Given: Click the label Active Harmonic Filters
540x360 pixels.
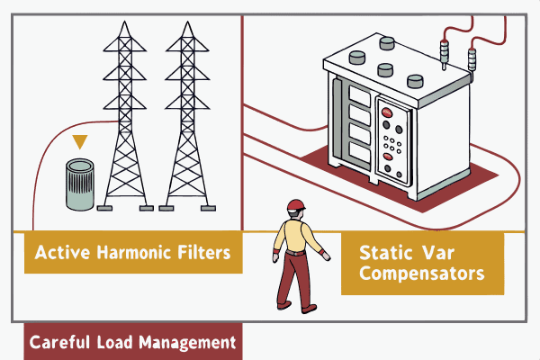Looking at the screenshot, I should tap(133, 253).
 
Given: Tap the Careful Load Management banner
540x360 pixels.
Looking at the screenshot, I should tap(132, 342).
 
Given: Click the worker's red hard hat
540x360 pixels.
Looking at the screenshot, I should tap(296, 204).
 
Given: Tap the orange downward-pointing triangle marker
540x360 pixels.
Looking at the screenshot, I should tap(80, 142).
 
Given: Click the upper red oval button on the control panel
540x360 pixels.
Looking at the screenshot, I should tap(389, 112).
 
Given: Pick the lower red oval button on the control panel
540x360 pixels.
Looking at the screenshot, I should tap(389, 156).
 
